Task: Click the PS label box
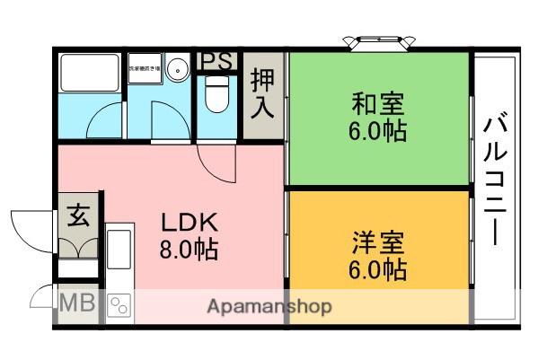point(216,61)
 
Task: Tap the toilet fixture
point(216,94)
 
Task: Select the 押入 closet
point(263,94)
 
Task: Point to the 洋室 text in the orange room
point(378,241)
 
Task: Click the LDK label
point(190,222)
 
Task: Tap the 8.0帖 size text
point(190,248)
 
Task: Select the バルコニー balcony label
point(497,180)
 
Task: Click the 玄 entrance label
point(79,218)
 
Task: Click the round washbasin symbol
point(177,67)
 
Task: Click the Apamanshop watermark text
point(269,306)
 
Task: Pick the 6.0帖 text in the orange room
point(378,268)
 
